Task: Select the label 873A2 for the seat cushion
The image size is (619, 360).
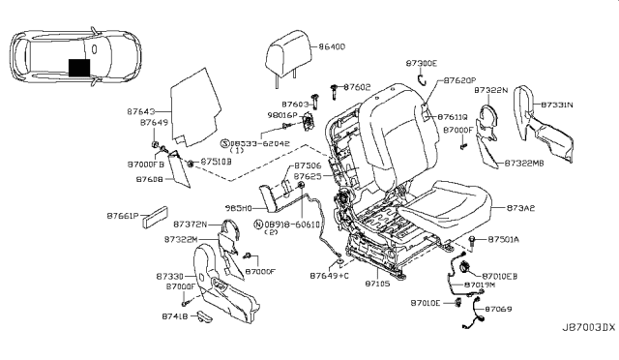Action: [x=521, y=208]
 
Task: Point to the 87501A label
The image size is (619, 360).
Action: [x=503, y=238]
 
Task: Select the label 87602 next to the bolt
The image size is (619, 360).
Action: [x=357, y=87]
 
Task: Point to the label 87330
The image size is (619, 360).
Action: [x=169, y=276]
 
